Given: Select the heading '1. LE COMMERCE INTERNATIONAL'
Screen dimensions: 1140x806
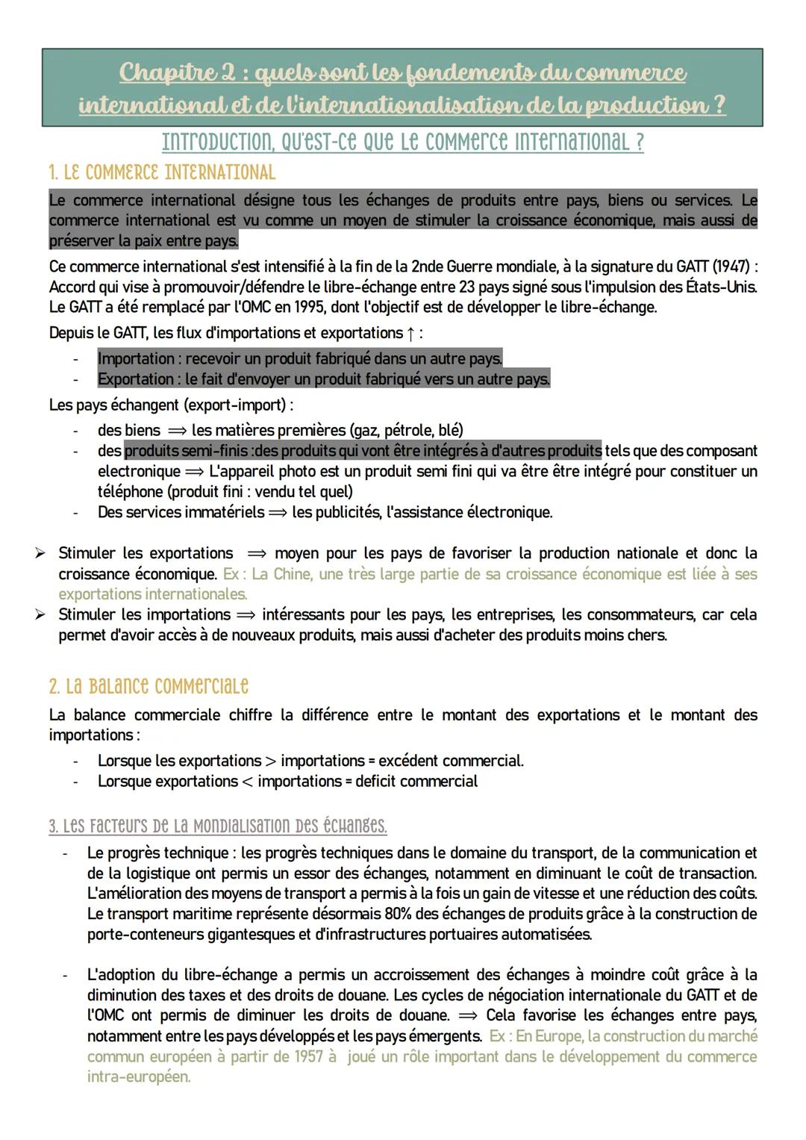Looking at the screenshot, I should pyautogui.click(x=162, y=172).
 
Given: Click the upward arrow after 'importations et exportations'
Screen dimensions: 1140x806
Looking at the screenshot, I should pyautogui.click(x=411, y=333).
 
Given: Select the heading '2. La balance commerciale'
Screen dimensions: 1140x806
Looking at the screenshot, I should pyautogui.click(x=149, y=686).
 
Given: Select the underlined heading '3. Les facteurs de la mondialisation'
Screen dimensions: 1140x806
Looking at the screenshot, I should pyautogui.click(x=217, y=826).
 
